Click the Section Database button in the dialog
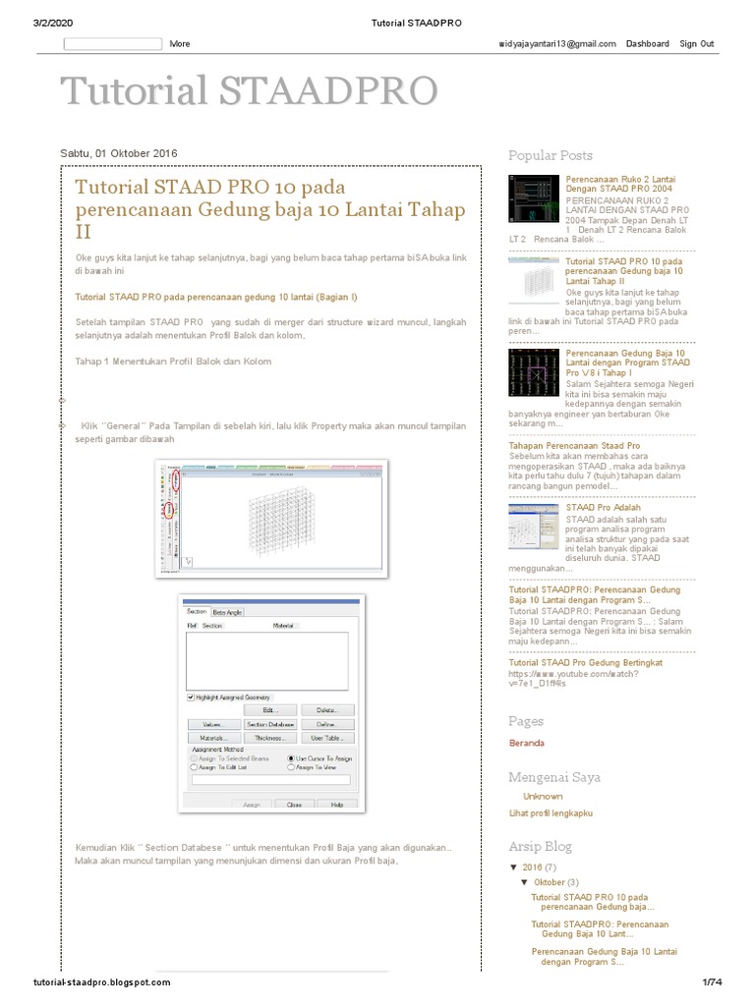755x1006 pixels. [270, 723]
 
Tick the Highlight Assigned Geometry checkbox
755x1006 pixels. [191, 697]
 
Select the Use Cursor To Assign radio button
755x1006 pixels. [291, 758]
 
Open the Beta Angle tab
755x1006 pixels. [227, 611]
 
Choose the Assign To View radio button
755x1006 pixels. [291, 768]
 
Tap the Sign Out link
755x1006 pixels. [697, 44]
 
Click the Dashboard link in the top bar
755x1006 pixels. [648, 44]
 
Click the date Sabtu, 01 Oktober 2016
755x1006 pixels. [119, 153]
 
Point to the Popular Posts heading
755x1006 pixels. [551, 155]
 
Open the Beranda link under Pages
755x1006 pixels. [527, 743]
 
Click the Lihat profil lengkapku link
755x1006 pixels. [551, 812]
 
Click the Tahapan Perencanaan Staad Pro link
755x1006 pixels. [574, 445]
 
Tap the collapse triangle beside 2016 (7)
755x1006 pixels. [513, 867]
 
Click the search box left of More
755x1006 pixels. [112, 44]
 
